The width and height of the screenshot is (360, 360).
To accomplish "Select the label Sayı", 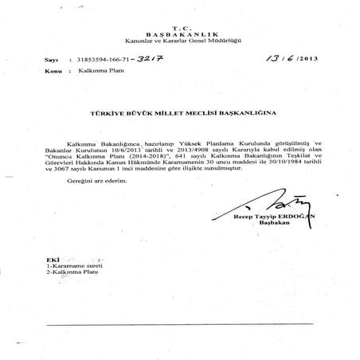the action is pyautogui.click(x=53, y=61).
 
